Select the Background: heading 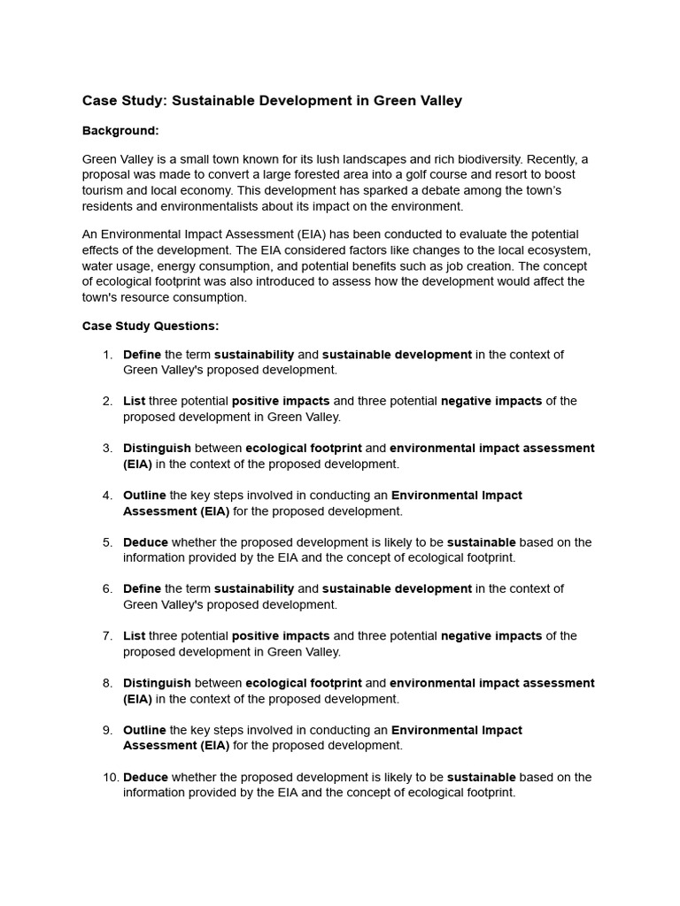point(120,131)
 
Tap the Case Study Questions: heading point(151,326)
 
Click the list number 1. point(107,355)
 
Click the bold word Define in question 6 point(142,589)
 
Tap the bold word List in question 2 point(134,402)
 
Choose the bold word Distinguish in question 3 point(157,449)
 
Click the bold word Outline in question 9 point(144,731)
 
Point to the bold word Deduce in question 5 point(145,542)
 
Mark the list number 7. point(107,636)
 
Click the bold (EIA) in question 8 point(137,699)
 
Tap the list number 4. point(107,495)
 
